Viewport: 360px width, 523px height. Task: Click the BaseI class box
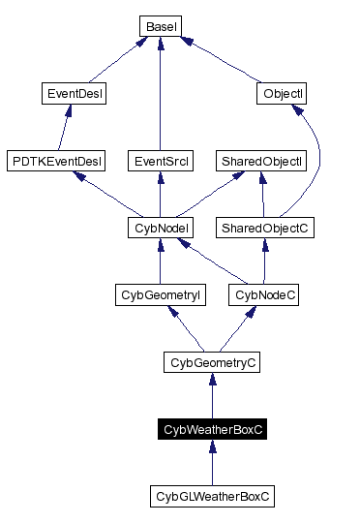tap(159, 26)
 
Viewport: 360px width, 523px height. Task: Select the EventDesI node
tap(75, 94)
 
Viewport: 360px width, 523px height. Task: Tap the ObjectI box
tap(282, 94)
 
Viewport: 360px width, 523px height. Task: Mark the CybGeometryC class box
tap(211, 362)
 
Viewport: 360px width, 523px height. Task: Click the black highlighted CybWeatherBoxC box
tap(211, 429)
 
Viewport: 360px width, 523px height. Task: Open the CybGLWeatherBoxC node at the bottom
tap(212, 496)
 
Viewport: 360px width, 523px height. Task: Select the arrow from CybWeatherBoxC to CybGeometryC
tap(211, 396)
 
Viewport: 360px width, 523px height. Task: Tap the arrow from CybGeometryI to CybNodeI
tap(158, 261)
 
